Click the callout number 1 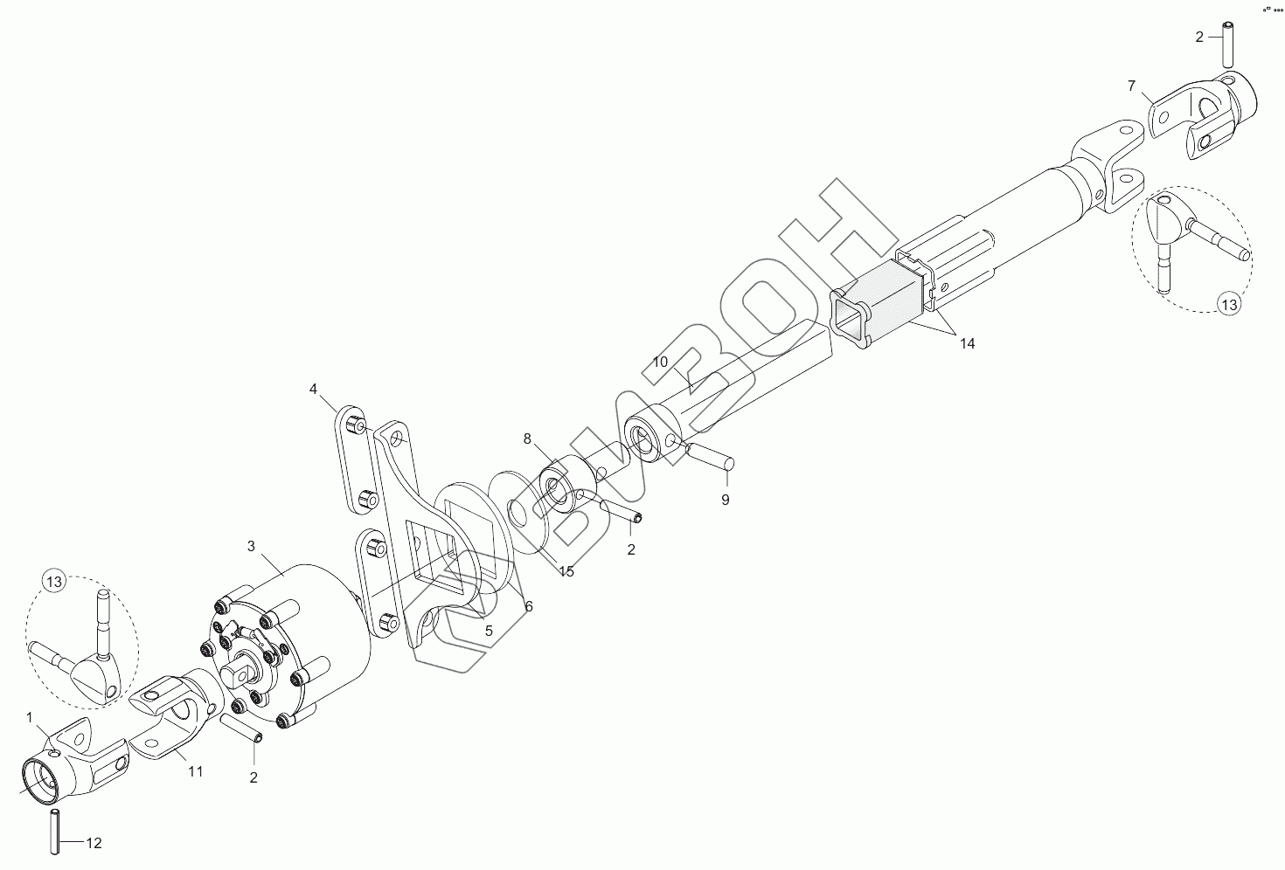click(30, 716)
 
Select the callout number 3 click(251, 547)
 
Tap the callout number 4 click(313, 388)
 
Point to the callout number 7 click(1131, 86)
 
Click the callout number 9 click(725, 500)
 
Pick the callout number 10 click(660, 362)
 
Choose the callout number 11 click(195, 772)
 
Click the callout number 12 click(94, 843)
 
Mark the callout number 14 click(966, 344)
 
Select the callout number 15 click(566, 571)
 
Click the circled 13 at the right click(1229, 305)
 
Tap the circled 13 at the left click(54, 581)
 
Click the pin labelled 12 click(55, 832)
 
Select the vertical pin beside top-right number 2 click(1228, 45)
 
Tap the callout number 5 click(489, 630)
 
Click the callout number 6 click(528, 606)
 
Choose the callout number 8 click(527, 438)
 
